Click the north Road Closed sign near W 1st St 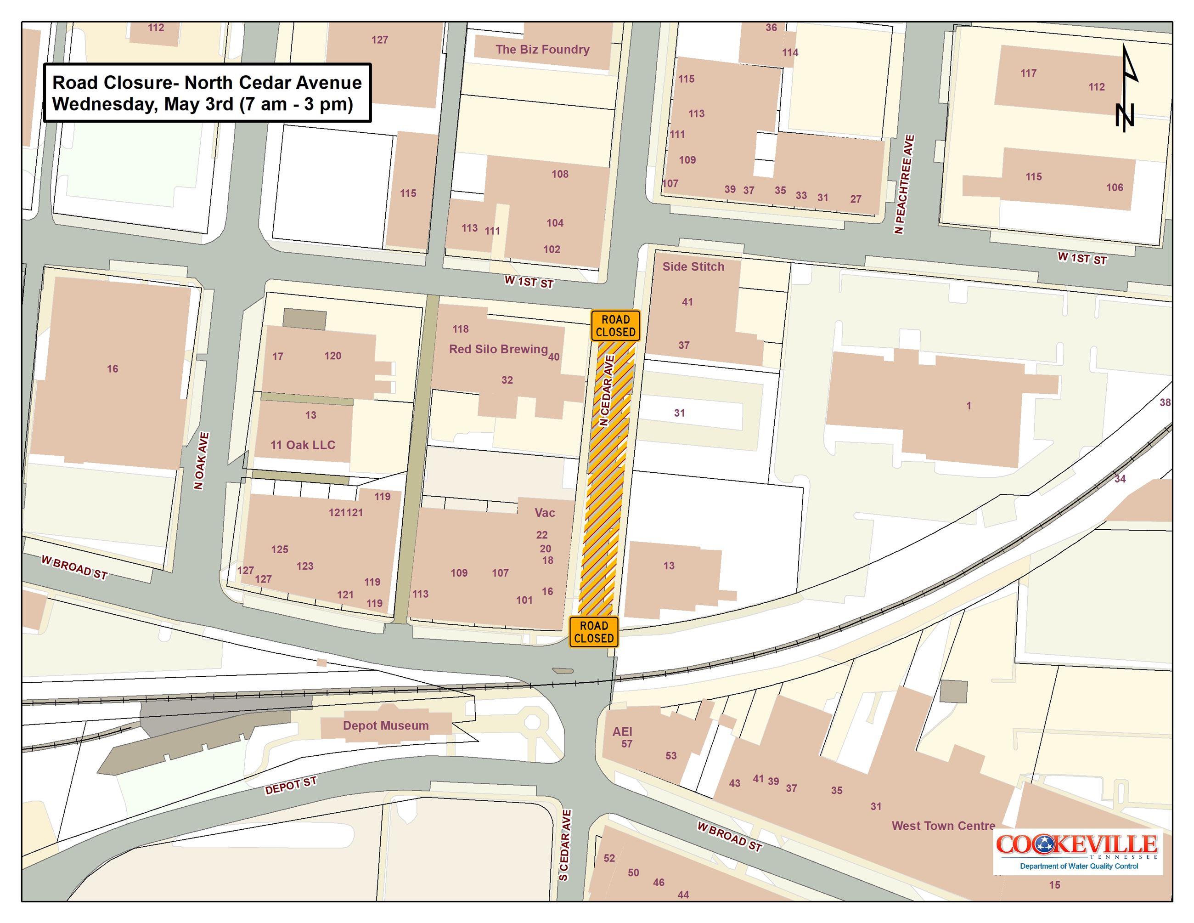point(615,326)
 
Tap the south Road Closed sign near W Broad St point(593,632)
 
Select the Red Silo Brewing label point(498,349)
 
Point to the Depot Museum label point(385,725)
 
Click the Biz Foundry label point(542,49)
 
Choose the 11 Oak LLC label point(303,445)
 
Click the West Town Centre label point(943,826)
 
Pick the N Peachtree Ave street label point(904,184)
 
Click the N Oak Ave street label point(201,461)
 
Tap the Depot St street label point(290,786)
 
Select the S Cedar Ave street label point(565,845)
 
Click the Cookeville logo point(1076,845)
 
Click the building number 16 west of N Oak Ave point(112,368)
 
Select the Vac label point(545,512)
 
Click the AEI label point(622,731)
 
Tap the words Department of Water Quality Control point(1079,866)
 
